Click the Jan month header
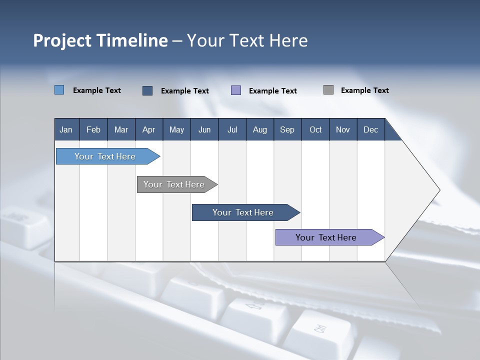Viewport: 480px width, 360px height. pos(66,129)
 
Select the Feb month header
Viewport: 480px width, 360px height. pos(93,129)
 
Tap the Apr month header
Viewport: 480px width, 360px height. pos(148,129)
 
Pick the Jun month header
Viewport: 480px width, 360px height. pos(204,129)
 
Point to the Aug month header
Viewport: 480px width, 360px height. pos(259,129)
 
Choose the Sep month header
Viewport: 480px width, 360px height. pos(287,129)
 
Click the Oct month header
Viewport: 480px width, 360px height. pos(315,129)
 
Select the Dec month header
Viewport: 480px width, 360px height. pos(370,129)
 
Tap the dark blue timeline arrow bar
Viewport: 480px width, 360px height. pos(243,212)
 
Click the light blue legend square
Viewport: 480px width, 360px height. pos(59,90)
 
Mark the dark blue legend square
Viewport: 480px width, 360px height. pos(147,90)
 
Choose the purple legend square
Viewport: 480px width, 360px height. pos(236,90)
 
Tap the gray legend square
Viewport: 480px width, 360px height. pos(328,90)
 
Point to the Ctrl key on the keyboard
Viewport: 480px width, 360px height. pos(320,329)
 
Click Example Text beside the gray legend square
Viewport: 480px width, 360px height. pos(364,90)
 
